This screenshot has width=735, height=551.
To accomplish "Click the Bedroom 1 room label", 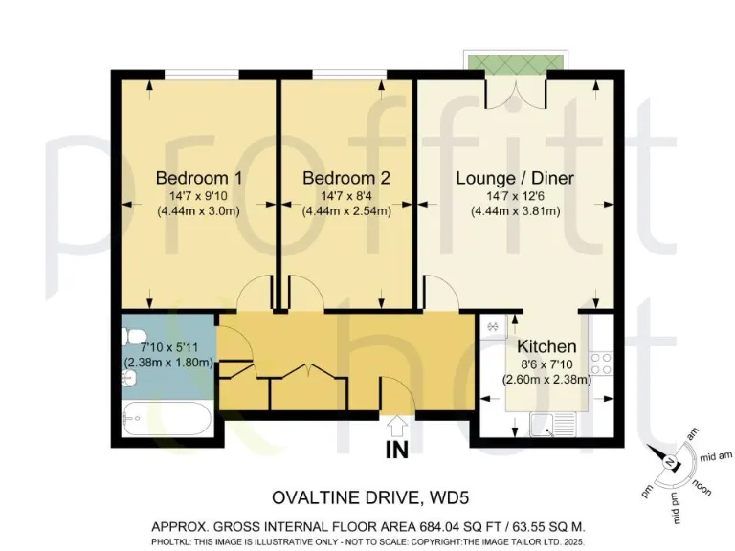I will [x=198, y=178].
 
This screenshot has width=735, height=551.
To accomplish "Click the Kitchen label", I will [x=546, y=346].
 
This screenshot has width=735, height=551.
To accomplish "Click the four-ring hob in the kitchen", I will [x=601, y=364].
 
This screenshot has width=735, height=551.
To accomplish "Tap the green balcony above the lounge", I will [x=515, y=61].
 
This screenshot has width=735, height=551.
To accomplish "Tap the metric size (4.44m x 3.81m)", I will [x=514, y=211].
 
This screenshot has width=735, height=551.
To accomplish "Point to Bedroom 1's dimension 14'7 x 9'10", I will [x=198, y=196].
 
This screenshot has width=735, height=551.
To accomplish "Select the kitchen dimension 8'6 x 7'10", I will [x=546, y=364].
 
